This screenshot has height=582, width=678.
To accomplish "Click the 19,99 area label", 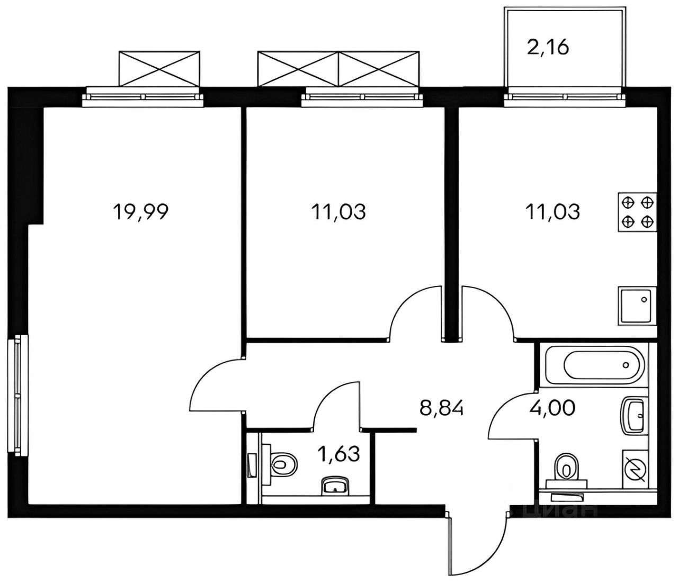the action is pyautogui.click(x=140, y=212).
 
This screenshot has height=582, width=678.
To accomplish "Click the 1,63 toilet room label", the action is pyautogui.click(x=339, y=454).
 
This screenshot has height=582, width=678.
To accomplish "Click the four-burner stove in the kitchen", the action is pyautogui.click(x=637, y=212).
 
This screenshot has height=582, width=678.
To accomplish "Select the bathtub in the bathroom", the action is pyautogui.click(x=591, y=365).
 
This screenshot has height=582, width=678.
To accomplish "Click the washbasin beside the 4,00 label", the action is pyautogui.click(x=635, y=416).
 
